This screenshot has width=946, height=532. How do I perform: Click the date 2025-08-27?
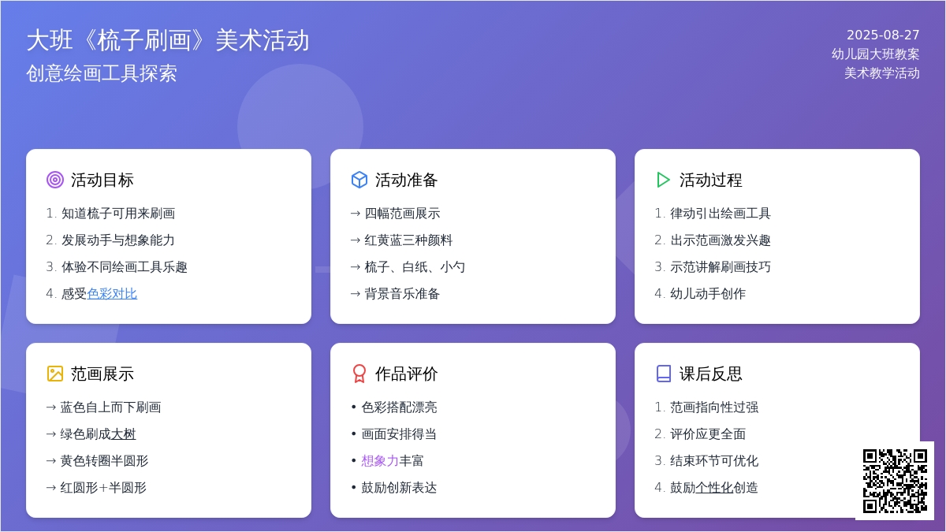point(883,35)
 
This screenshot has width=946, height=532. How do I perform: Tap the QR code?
point(895,481)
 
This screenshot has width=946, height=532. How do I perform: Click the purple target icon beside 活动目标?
point(55,180)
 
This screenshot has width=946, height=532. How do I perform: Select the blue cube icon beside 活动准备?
point(359,180)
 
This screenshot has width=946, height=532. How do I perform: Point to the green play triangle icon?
point(663,180)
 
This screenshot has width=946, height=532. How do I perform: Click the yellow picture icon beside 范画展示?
point(55,374)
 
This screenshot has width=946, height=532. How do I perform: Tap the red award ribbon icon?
point(359,374)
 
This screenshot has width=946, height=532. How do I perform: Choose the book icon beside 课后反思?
point(664,374)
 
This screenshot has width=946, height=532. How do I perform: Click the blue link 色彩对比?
point(112,293)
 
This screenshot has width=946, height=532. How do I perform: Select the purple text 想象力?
point(380,460)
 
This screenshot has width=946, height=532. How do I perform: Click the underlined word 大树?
point(123,434)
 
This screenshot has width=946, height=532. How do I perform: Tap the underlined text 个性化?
point(714,488)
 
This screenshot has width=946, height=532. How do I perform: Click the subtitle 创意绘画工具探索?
point(102,73)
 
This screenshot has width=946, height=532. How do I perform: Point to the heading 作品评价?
point(406,374)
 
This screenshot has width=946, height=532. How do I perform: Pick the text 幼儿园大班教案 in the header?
point(876,54)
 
